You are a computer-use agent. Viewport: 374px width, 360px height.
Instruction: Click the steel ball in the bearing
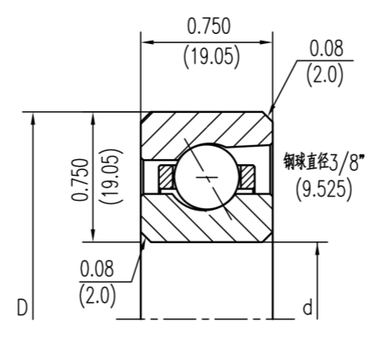click(206, 177)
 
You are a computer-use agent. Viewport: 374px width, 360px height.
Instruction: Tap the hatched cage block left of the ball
click(167, 177)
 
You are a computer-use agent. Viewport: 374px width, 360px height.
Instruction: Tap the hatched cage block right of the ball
click(246, 176)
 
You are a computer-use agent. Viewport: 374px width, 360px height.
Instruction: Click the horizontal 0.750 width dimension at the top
click(209, 26)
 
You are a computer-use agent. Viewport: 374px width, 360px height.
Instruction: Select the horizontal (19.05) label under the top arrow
click(211, 56)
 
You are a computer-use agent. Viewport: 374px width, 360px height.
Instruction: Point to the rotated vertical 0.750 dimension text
click(80, 179)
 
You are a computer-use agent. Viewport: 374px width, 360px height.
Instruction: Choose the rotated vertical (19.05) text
click(110, 177)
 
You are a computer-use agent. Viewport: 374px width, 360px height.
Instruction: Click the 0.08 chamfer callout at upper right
click(327, 48)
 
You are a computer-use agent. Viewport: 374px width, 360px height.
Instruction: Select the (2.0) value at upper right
click(324, 75)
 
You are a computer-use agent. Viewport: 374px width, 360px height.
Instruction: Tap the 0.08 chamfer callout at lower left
click(97, 269)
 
